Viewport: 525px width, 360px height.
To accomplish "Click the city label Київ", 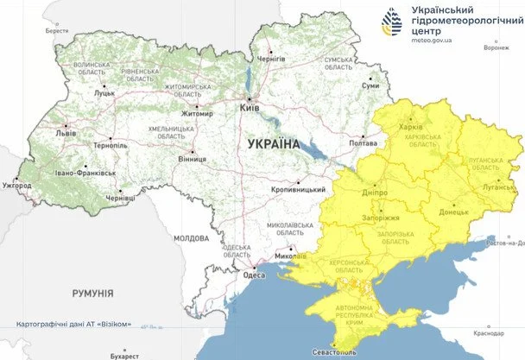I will click(x=249, y=109).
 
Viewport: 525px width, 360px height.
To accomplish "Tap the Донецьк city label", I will click(x=453, y=211).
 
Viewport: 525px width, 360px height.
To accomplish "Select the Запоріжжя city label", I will click(x=379, y=219).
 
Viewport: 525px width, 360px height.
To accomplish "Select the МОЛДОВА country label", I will click(x=191, y=237).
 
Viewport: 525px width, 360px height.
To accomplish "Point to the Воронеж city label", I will click(x=496, y=47).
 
